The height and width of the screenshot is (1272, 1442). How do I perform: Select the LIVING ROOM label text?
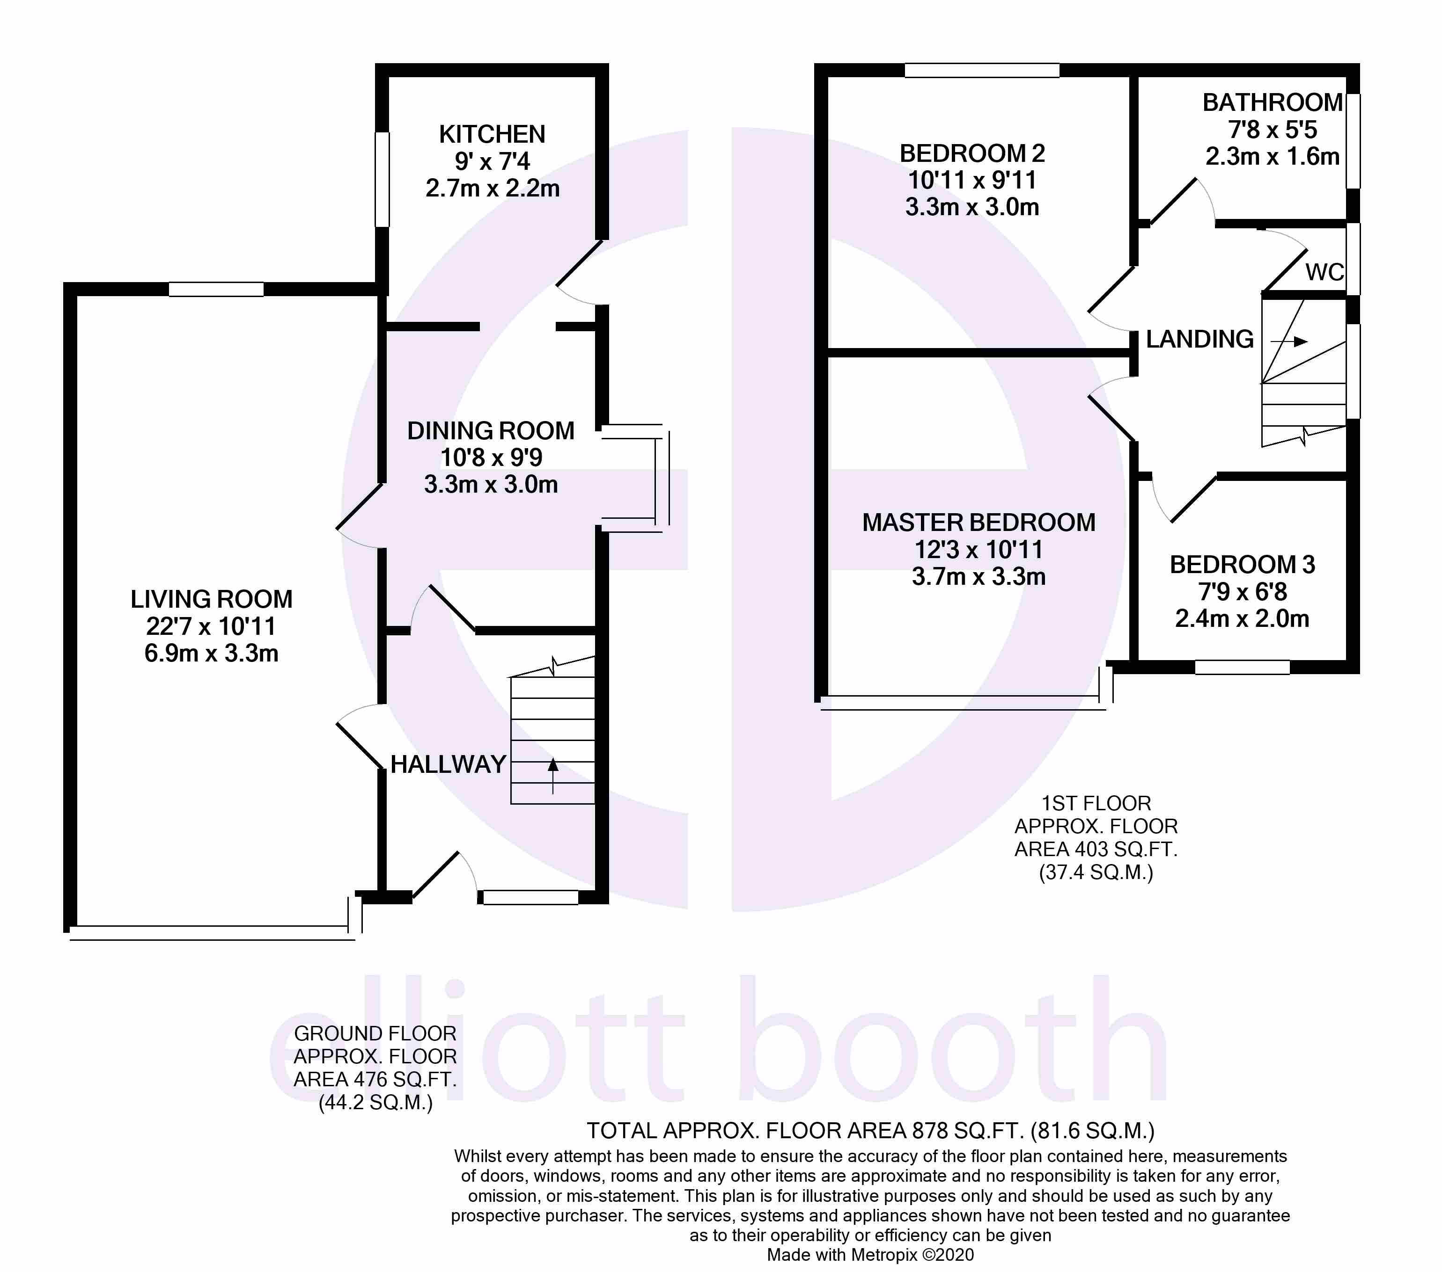click(x=211, y=599)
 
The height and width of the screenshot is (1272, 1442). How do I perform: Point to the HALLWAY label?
click(x=448, y=764)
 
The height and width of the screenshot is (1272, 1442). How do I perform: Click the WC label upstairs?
click(x=1324, y=272)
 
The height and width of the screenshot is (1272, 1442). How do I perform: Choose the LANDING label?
click(x=1199, y=339)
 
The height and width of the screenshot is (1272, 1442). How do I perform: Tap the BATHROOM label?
click(x=1272, y=103)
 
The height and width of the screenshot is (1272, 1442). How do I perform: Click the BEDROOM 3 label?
click(x=1243, y=564)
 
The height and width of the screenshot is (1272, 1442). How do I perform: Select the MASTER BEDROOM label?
click(x=978, y=523)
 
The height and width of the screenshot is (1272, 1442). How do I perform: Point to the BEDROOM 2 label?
click(x=972, y=153)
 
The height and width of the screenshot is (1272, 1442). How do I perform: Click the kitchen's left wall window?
click(x=382, y=179)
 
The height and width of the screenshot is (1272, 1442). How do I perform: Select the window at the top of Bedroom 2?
click(x=982, y=70)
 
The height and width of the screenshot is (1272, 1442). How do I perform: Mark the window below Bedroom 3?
click(x=1243, y=667)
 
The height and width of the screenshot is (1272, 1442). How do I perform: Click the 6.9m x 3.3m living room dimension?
click(x=211, y=654)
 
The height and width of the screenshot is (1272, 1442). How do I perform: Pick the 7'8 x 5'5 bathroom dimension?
click(x=1272, y=130)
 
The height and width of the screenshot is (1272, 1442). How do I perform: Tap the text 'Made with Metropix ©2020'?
click(x=870, y=1254)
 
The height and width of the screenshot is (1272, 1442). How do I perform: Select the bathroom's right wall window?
click(x=1353, y=141)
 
